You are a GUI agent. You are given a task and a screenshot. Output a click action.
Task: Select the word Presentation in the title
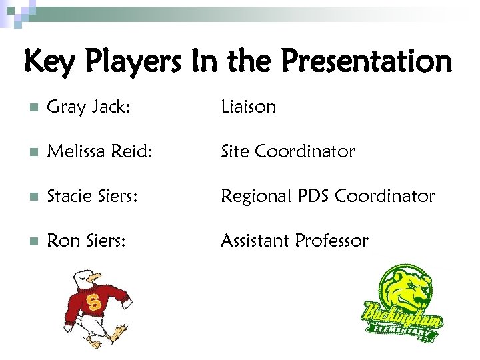tap(366, 62)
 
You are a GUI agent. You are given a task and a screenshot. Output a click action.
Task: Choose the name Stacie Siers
tap(92, 197)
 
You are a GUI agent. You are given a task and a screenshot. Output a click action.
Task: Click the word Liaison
tap(248, 107)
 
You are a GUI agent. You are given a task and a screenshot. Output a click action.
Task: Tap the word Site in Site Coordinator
tap(235, 152)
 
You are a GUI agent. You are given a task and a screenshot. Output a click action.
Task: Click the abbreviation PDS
tap(313, 197)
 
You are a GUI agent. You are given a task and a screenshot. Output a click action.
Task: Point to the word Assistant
tap(255, 241)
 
